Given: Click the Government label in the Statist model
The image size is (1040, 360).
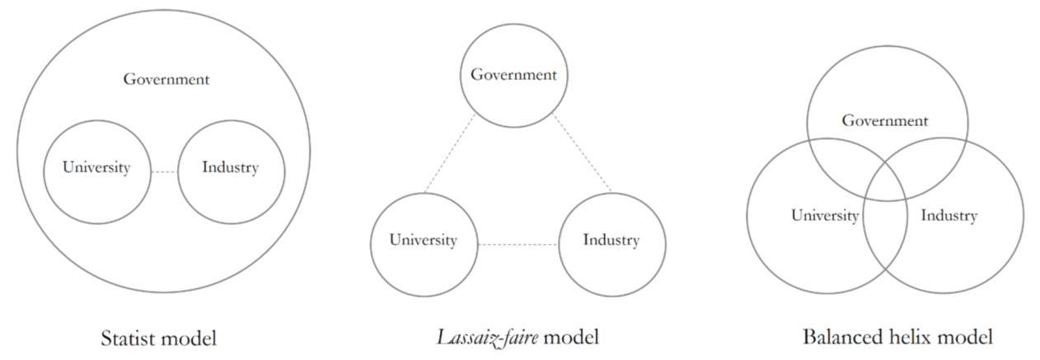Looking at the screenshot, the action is click(x=166, y=80).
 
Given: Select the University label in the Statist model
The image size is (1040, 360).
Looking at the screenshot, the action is click(x=96, y=168).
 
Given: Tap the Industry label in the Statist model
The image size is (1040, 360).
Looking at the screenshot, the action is click(x=230, y=168).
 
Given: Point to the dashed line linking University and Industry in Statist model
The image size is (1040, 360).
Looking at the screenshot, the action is click(x=164, y=171).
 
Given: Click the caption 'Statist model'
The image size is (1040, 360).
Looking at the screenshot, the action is click(x=158, y=338).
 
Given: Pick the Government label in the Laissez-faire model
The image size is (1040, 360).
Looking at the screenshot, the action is click(x=513, y=75).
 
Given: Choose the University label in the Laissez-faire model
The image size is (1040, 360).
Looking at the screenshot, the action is click(x=423, y=241).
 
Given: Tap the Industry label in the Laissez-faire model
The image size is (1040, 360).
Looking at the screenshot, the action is click(x=611, y=241).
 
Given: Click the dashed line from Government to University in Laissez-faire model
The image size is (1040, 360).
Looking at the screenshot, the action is click(x=449, y=155).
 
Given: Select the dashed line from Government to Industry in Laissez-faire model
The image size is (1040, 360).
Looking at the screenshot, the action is click(x=583, y=155).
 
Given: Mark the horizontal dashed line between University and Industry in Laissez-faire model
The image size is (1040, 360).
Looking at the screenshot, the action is click(x=518, y=244).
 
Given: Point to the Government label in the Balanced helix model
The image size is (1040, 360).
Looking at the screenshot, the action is click(x=884, y=121).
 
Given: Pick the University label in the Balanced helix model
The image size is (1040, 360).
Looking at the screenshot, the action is click(x=825, y=216).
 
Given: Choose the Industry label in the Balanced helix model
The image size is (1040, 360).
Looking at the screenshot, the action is click(x=949, y=216).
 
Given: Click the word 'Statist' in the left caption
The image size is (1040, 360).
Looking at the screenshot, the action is click(x=130, y=338).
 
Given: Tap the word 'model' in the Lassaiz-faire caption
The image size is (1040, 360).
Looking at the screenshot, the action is click(x=572, y=337).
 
